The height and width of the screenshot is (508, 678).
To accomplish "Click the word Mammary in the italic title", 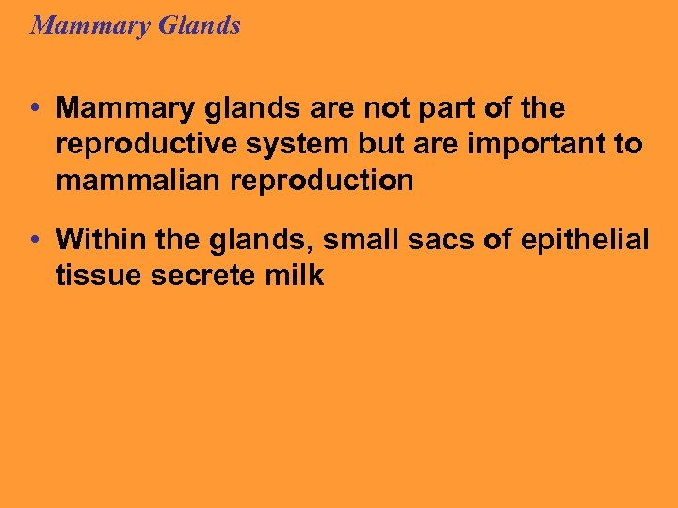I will [x=86, y=25].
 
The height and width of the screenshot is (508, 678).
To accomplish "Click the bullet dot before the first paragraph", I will [x=33, y=109].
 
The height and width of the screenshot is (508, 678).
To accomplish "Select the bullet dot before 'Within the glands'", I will [x=33, y=241].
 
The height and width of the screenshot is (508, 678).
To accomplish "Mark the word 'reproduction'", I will [x=321, y=181].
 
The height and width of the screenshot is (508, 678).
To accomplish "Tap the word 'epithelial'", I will [x=590, y=240].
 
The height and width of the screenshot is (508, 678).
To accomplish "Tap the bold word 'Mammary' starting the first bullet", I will [x=118, y=109].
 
